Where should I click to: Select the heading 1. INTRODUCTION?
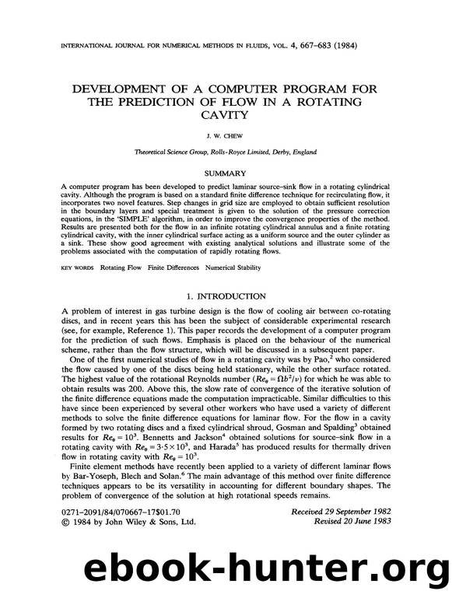(226, 296)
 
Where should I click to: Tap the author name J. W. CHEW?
(226, 133)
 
